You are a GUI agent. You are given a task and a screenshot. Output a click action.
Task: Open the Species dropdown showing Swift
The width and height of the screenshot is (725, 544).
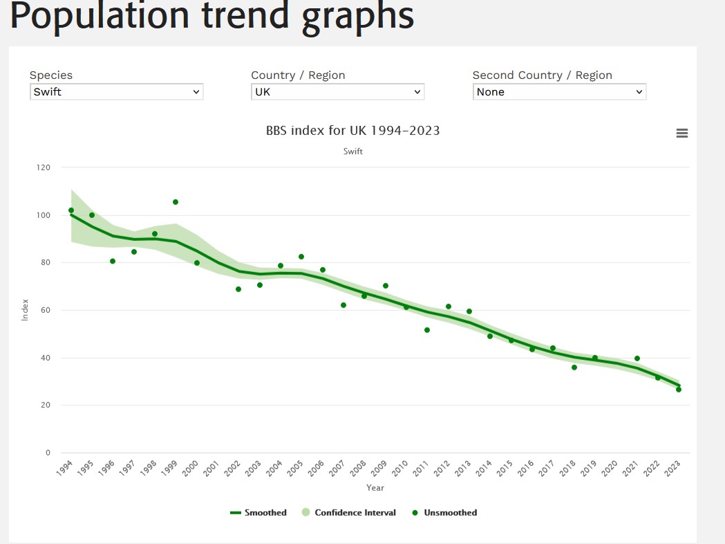click(116, 91)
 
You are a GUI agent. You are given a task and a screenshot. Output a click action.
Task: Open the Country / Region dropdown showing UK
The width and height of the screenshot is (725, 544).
click(337, 91)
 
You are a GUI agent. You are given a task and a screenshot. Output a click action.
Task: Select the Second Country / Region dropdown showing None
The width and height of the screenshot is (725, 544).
click(559, 91)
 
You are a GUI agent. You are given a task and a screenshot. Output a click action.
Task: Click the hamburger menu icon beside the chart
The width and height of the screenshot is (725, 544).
click(681, 134)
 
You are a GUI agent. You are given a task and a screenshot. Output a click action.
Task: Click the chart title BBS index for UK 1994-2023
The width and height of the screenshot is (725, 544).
click(352, 130)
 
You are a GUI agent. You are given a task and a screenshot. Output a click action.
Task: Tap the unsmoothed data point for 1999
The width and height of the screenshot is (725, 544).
click(176, 202)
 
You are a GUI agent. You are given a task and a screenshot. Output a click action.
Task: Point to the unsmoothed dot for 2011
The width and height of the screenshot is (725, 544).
click(427, 330)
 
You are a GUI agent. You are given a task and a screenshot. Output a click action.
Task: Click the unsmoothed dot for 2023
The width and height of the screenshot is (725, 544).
click(679, 390)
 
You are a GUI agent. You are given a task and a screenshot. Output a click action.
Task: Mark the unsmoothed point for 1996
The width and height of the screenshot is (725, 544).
click(113, 261)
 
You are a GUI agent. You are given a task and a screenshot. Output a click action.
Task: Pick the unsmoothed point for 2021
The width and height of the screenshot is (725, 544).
click(637, 359)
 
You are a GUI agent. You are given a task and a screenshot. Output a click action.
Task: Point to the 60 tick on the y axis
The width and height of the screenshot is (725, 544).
click(46, 310)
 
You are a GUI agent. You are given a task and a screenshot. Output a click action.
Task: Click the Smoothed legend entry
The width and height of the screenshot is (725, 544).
click(258, 513)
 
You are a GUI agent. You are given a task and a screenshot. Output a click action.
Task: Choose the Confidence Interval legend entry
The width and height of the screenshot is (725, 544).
click(349, 513)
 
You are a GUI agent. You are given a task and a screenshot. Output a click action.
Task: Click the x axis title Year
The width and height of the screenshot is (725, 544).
click(375, 488)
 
